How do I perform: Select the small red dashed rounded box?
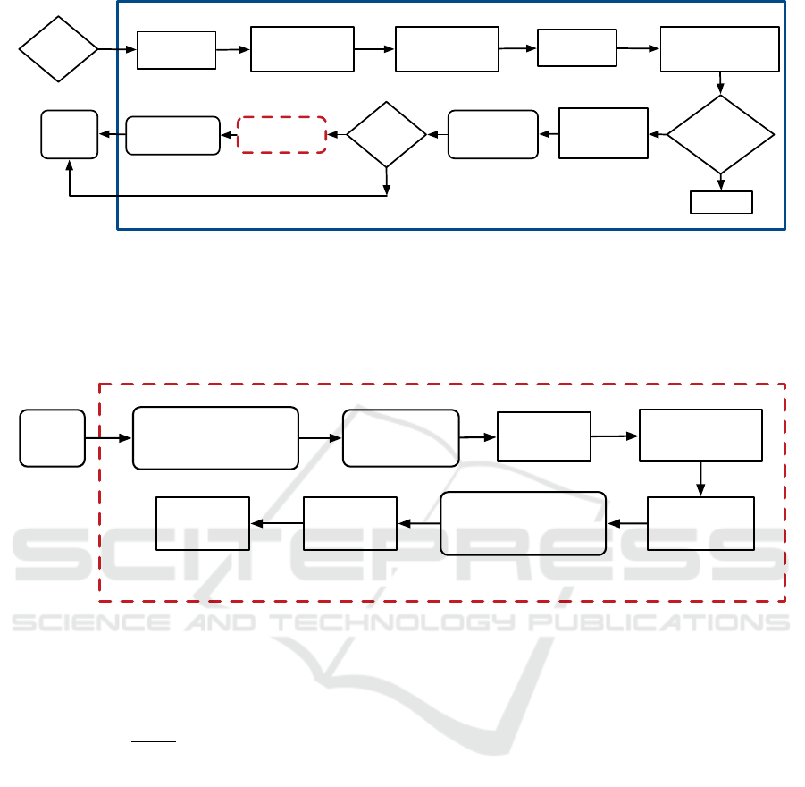(x=281, y=134)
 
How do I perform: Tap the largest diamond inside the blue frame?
(x=720, y=134)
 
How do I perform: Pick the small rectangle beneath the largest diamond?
(x=721, y=202)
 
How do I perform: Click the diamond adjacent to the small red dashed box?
(x=386, y=134)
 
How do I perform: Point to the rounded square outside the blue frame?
(x=69, y=134)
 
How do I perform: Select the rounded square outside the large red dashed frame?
(x=53, y=437)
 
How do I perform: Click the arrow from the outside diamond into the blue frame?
(x=117, y=48)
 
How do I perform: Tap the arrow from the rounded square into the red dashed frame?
(x=108, y=438)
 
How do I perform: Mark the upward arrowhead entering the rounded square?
(x=69, y=165)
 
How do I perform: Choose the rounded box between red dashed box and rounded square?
(x=172, y=135)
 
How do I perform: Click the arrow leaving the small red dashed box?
(x=228, y=135)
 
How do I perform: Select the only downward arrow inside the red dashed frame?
(x=700, y=478)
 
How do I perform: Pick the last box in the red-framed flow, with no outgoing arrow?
(x=202, y=523)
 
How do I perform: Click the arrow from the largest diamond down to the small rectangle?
(x=720, y=182)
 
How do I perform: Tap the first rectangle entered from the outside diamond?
(x=176, y=49)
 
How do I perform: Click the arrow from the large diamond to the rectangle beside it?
(x=658, y=134)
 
